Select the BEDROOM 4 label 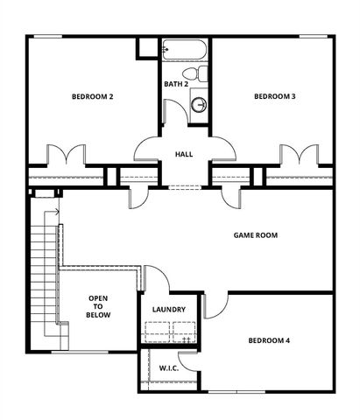pyautogui.click(x=268, y=340)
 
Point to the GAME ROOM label pyautogui.click(x=255, y=235)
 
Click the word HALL pyautogui.click(x=184, y=154)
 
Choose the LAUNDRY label pyautogui.click(x=168, y=310)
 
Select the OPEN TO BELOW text pyautogui.click(x=98, y=308)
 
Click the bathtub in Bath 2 pyautogui.click(x=184, y=49)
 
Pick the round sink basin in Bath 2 pyautogui.click(x=200, y=104)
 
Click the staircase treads pyautogui.click(x=39, y=271)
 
